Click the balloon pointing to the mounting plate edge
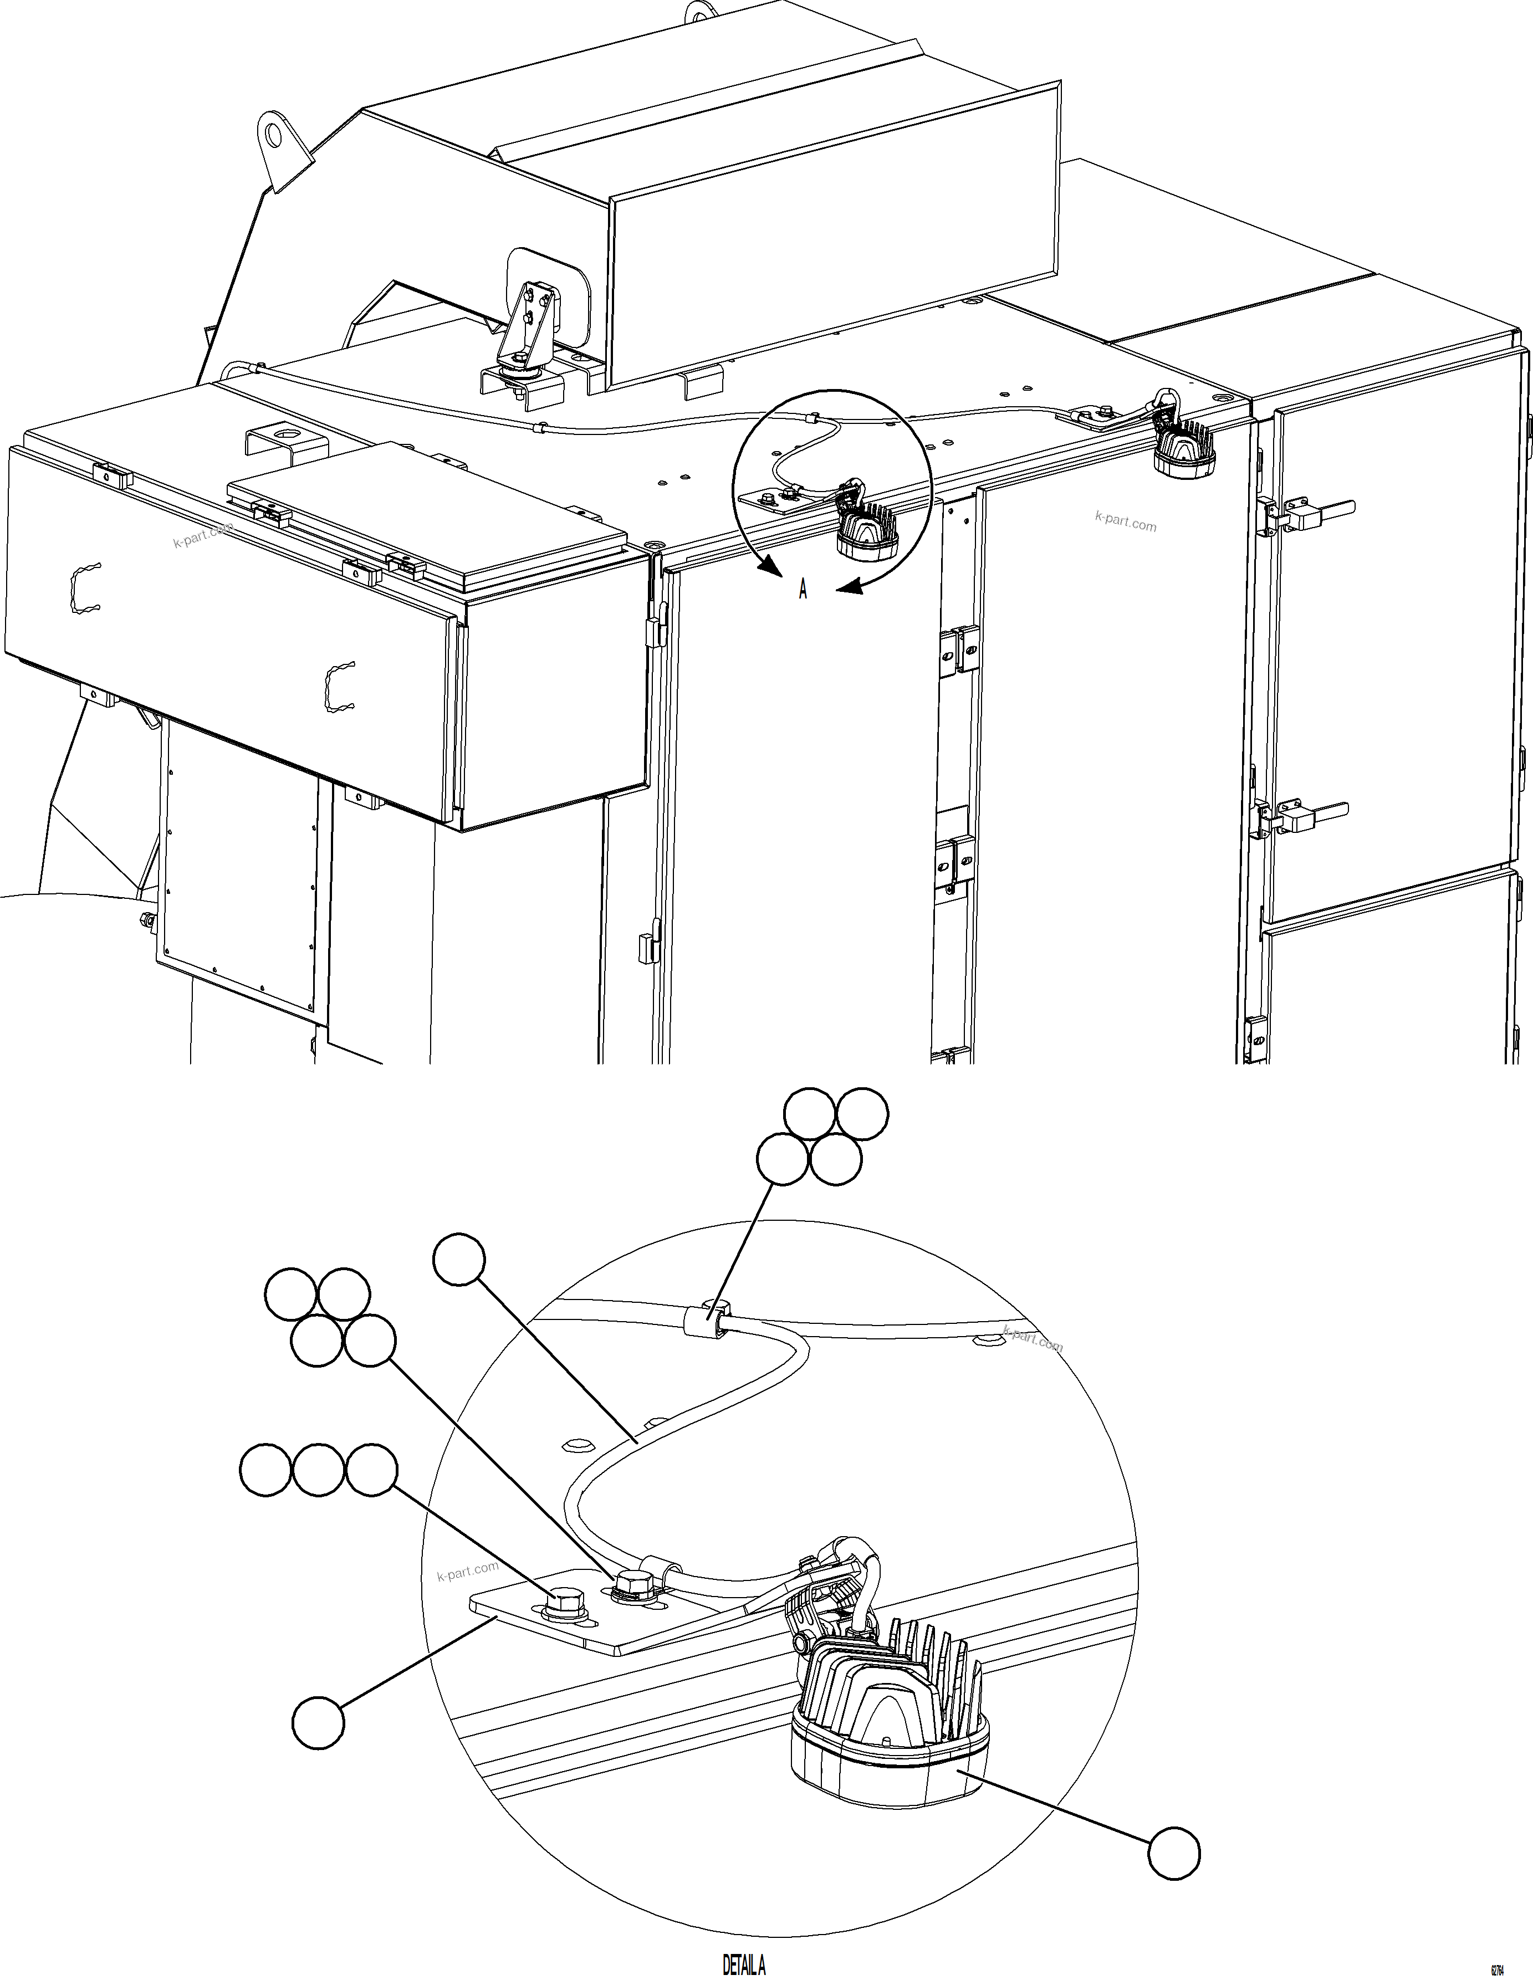pos(318,1722)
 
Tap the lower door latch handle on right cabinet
pos(1315,818)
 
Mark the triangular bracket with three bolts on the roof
pos(526,331)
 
